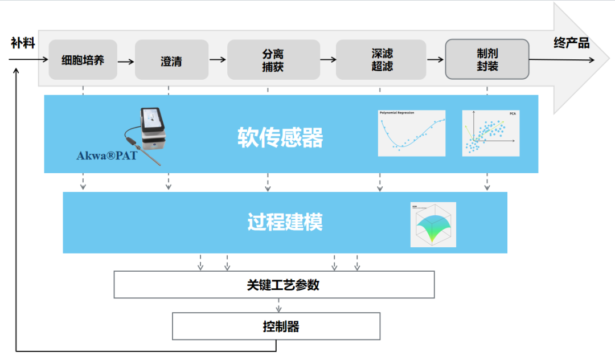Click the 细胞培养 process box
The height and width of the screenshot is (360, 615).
click(x=83, y=60)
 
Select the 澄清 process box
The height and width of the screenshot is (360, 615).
click(x=171, y=60)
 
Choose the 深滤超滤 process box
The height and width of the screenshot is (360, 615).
click(x=381, y=60)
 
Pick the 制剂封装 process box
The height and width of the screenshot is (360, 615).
click(x=487, y=59)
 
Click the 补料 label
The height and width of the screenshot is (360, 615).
click(x=23, y=43)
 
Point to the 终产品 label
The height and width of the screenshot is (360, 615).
click(x=571, y=43)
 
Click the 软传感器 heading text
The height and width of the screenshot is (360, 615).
click(x=280, y=137)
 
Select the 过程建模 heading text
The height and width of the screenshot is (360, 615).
click(x=285, y=222)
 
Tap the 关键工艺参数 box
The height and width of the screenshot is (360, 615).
click(x=274, y=285)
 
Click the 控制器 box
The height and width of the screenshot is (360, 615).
click(x=276, y=326)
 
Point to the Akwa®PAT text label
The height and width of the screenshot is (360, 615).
click(x=106, y=155)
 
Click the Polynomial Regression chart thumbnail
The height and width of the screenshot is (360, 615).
click(x=411, y=133)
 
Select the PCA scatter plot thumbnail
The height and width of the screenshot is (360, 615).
click(x=490, y=133)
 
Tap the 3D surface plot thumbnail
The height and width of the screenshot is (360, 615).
click(x=433, y=224)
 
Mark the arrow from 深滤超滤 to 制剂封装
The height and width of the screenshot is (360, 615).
click(x=435, y=59)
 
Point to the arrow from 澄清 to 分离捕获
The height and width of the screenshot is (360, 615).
click(x=218, y=59)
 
